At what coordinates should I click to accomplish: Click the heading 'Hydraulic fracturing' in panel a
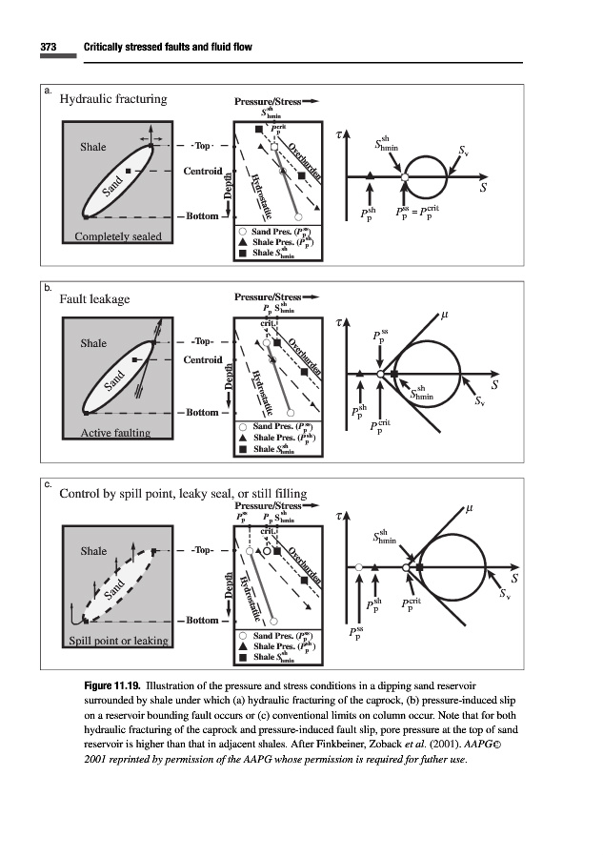coord(113,98)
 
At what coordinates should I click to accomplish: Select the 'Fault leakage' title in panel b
coord(94,299)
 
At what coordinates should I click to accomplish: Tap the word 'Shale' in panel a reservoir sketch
coord(93,148)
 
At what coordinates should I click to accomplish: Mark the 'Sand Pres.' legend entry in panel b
coord(282,426)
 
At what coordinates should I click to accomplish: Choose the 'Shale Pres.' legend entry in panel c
coord(282,645)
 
